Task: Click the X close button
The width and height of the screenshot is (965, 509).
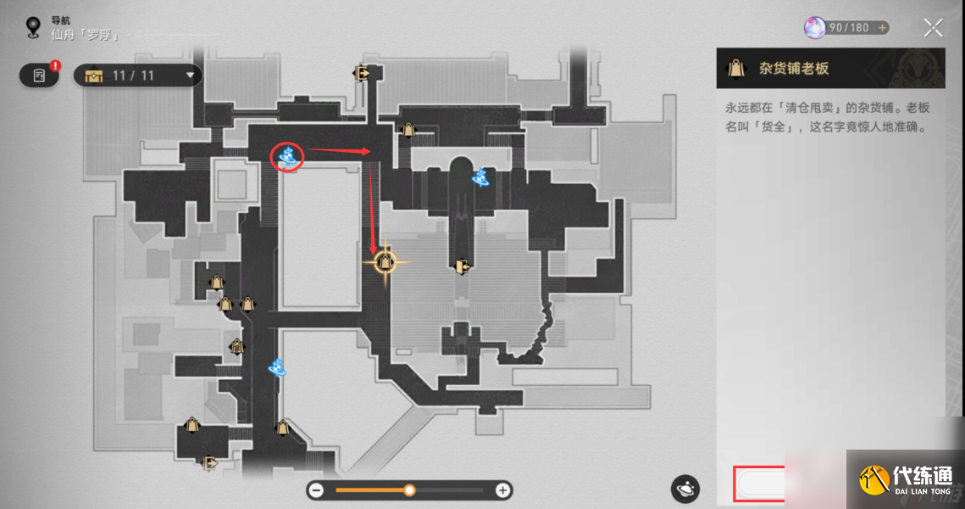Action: (933, 28)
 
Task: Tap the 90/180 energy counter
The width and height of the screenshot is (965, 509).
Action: (846, 28)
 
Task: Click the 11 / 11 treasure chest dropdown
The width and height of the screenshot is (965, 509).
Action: (138, 76)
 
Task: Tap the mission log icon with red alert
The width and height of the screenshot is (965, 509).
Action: (40, 76)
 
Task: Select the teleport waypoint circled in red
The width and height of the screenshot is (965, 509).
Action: (288, 156)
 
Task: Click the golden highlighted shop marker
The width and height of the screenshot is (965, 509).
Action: (385, 261)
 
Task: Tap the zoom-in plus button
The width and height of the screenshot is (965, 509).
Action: (502, 489)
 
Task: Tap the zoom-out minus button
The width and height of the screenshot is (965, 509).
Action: (316, 489)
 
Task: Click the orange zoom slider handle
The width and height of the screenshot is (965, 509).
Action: (409, 489)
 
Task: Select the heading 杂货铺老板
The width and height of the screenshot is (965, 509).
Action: (794, 69)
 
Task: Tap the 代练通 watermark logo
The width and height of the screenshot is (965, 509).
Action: (906, 478)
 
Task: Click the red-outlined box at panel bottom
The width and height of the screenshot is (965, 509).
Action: (758, 484)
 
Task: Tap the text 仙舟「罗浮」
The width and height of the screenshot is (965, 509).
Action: (85, 36)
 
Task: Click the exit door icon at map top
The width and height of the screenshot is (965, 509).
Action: (363, 74)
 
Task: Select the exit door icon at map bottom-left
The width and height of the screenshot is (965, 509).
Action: (209, 463)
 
